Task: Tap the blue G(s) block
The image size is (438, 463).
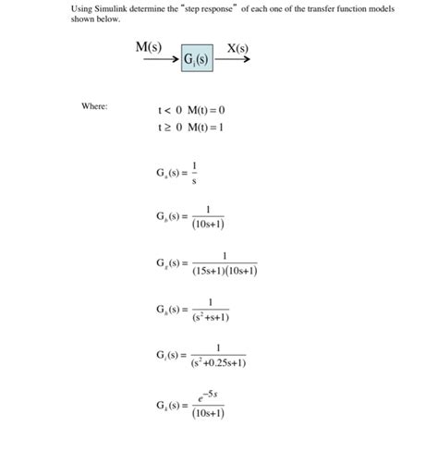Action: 197,61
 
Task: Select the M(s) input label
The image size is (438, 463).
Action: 149,47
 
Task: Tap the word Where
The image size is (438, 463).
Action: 94,106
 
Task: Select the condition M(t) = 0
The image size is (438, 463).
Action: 206,109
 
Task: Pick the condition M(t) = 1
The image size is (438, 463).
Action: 206,127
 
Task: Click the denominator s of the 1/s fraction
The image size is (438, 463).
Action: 194,181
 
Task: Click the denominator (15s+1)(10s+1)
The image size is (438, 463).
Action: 225,272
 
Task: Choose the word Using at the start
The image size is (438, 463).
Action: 81,8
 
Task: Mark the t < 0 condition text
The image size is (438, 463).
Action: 169,109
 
